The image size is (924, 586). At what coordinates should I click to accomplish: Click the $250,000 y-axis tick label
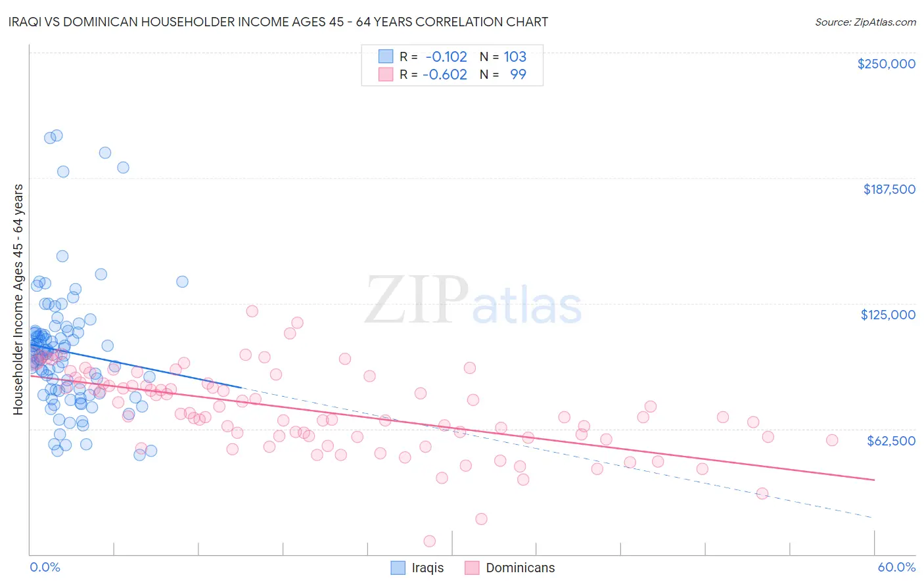(886, 64)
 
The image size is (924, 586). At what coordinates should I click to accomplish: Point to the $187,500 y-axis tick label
(889, 189)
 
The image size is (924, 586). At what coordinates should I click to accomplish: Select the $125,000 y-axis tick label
(888, 315)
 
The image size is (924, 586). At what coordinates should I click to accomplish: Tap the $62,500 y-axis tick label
(890, 441)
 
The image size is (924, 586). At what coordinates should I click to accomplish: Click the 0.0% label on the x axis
(45, 567)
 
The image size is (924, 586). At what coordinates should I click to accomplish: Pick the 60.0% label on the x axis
(896, 567)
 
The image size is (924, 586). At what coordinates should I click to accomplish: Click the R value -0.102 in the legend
(446, 57)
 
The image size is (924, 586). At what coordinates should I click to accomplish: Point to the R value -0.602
(445, 75)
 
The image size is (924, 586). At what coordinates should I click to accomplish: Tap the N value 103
(515, 57)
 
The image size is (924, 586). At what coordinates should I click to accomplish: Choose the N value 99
(518, 75)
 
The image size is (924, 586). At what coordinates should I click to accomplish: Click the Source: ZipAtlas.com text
(865, 22)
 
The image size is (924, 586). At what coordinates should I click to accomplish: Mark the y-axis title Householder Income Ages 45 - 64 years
(18, 300)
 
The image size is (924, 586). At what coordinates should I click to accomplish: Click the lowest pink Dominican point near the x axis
(430, 541)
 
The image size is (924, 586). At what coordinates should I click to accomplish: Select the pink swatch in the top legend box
(385, 74)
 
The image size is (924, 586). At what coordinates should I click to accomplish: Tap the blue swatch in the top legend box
(385, 56)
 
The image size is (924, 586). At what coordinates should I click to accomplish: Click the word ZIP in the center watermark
(417, 300)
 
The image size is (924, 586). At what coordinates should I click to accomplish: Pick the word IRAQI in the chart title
(29, 22)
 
